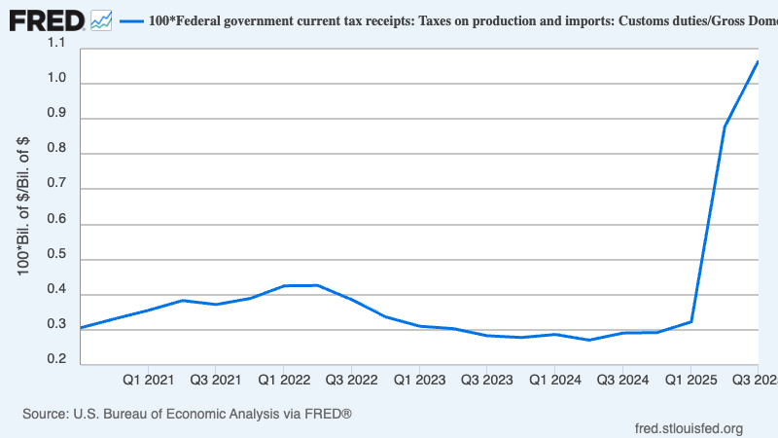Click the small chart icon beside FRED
tap(100, 19)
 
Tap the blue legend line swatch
tap(130, 19)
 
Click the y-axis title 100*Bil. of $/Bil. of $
tap(24, 204)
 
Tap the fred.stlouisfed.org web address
tap(689, 428)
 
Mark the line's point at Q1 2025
tap(690, 321)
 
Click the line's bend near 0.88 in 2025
tap(725, 126)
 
